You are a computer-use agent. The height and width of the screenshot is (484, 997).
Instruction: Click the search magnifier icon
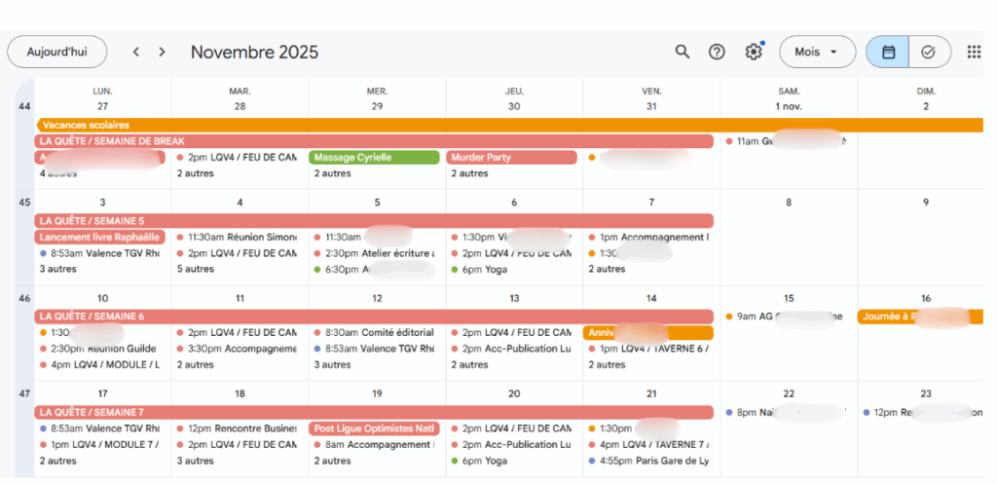click(x=683, y=52)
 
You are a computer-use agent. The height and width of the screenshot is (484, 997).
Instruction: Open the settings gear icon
click(x=753, y=52)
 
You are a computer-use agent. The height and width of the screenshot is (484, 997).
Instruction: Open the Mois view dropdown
click(x=816, y=52)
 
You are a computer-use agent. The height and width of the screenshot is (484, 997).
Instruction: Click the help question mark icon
click(x=717, y=52)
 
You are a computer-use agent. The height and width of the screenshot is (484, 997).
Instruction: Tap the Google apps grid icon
click(x=974, y=52)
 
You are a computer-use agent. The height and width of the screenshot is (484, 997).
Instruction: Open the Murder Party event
click(x=498, y=157)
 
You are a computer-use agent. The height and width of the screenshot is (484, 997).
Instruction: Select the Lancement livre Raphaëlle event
click(x=100, y=237)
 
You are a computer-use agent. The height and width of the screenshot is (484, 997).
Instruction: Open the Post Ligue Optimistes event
click(x=375, y=428)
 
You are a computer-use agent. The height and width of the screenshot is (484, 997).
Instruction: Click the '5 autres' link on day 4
click(x=195, y=269)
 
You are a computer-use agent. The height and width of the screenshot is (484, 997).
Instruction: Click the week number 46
click(x=24, y=298)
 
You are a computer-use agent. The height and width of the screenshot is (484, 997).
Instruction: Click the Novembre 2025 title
click(x=254, y=52)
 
